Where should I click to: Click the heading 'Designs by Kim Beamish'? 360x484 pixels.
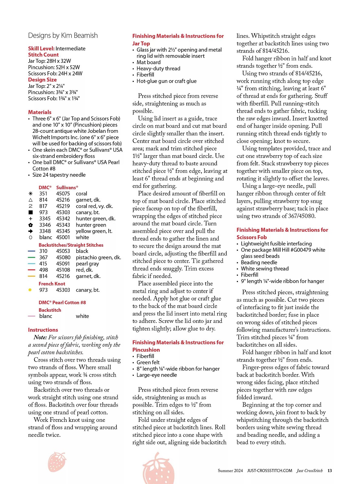[x=63, y=35]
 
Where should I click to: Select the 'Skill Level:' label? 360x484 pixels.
[x=41, y=48]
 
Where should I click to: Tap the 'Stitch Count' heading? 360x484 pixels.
[x=43, y=55]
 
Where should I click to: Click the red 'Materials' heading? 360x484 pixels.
[x=40, y=112]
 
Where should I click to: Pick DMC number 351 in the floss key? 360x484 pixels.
[x=43, y=194]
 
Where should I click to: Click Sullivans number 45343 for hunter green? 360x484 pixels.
[x=63, y=225]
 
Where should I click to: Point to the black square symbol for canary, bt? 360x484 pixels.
[x=31, y=212]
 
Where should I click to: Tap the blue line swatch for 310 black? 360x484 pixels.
[x=32, y=251]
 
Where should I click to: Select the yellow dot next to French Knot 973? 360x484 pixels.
[x=30, y=290]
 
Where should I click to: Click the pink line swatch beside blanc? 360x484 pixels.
[x=32, y=316]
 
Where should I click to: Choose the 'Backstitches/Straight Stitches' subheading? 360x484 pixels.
[x=71, y=245]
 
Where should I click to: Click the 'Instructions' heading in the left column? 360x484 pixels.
[x=43, y=330]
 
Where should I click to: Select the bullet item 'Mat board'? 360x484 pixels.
[x=149, y=62]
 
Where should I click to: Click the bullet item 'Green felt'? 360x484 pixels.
[x=148, y=362]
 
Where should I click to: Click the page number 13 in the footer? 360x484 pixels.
[x=330, y=471]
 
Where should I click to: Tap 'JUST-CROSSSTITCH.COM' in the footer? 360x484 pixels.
[x=270, y=471]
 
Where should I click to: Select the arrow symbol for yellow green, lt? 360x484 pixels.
[x=31, y=231]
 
